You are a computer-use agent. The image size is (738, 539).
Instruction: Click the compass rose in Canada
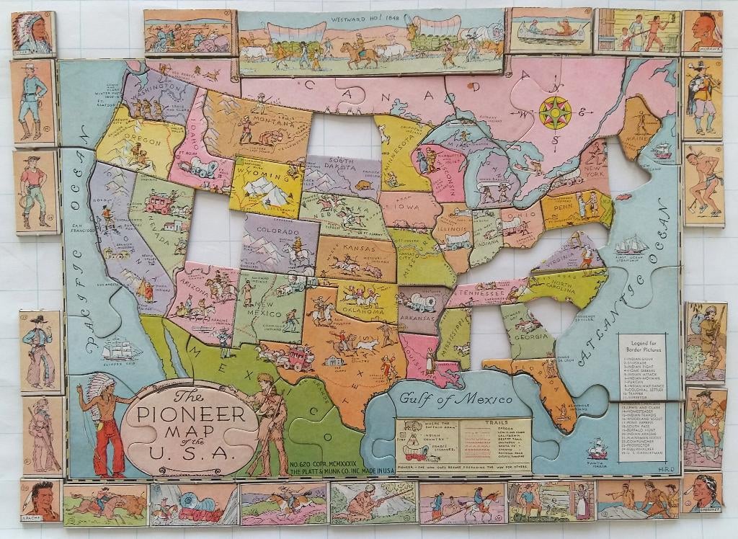click(555, 112)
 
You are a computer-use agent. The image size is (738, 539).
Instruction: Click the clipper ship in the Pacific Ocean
click(121, 350)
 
